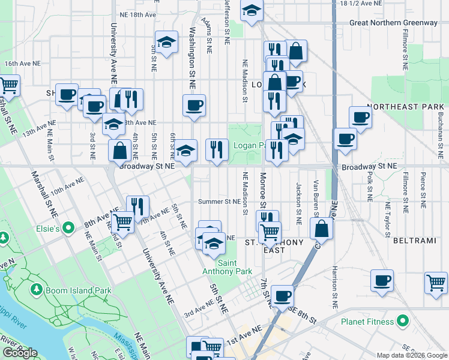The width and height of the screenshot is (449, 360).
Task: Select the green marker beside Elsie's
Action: [x=69, y=228]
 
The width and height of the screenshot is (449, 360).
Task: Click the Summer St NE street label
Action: [x=220, y=202]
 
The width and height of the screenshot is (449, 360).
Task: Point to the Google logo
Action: [x=20, y=352]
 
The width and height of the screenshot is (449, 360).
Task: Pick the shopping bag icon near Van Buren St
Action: [x=322, y=228]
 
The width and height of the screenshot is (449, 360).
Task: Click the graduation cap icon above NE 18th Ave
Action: [x=252, y=10]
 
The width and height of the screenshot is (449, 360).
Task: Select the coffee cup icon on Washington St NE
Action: [x=194, y=106]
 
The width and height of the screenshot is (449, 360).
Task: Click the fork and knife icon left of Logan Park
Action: [x=217, y=150]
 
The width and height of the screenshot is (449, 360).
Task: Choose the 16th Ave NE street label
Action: [x=22, y=63]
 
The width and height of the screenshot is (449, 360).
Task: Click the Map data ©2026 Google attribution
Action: [x=412, y=355]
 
